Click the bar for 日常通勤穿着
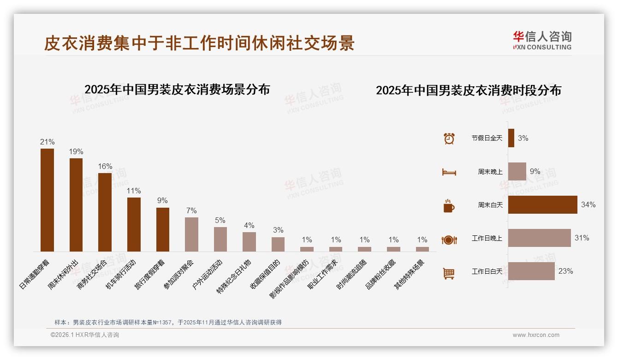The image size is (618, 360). tap(47, 200)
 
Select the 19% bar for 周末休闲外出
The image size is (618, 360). tap(76, 205)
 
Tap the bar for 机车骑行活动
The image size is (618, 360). tap(134, 224)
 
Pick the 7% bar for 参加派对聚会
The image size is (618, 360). tap(191, 234)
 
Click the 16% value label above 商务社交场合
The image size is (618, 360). tap(105, 167)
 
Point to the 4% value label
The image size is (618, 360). tap(249, 225)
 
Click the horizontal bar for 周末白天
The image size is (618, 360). tap(542, 205)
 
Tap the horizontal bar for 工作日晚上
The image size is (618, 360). tap(539, 238)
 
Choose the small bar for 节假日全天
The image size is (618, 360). tap(511, 138)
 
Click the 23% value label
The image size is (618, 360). tap(565, 271)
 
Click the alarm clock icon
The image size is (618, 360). tap(449, 138)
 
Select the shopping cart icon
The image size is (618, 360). tap(449, 273)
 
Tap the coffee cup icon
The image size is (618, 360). tap(449, 206)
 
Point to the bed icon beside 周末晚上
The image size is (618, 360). tap(449, 172)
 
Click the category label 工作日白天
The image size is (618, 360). tap(487, 271)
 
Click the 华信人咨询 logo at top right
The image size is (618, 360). tap(542, 40)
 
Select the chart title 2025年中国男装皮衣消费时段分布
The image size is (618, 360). tap(468, 90)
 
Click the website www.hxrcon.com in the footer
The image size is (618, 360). tap(535, 335)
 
